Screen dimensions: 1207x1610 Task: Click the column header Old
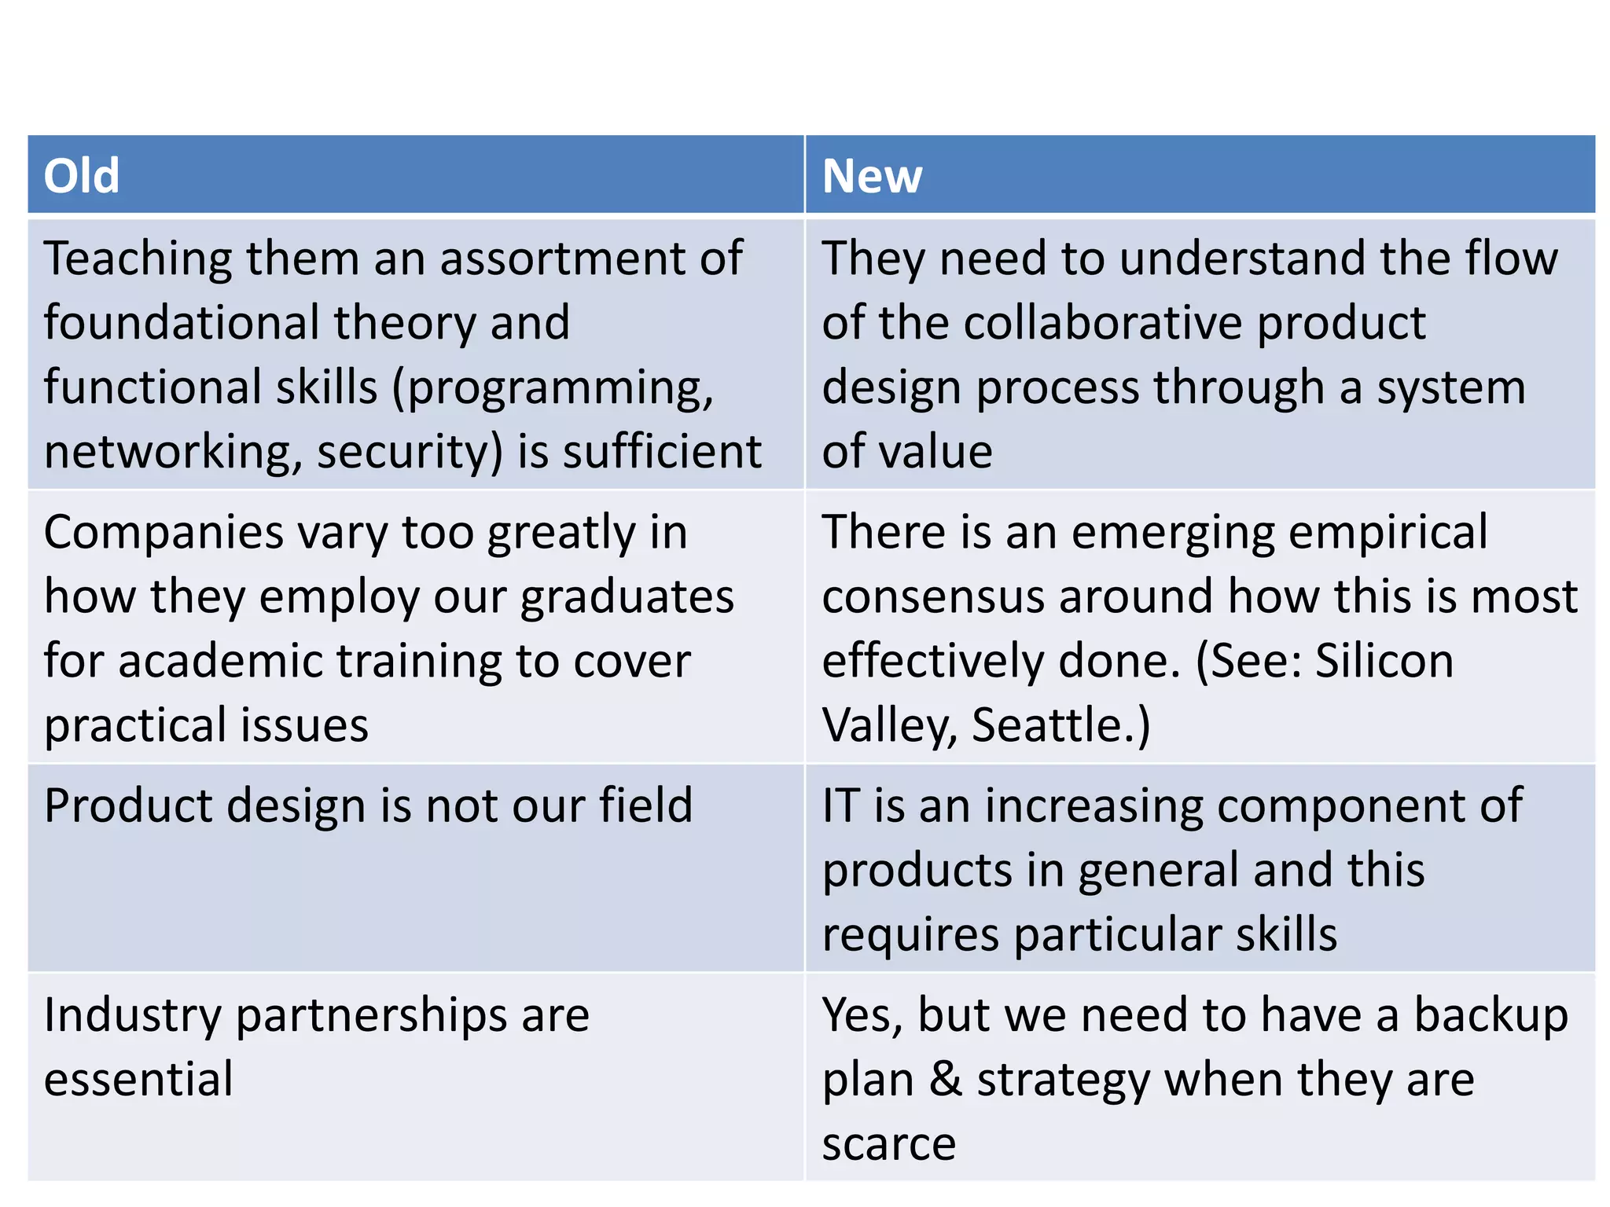(x=82, y=175)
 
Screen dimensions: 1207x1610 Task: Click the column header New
(x=872, y=175)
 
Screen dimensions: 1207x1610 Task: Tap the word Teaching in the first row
(x=138, y=259)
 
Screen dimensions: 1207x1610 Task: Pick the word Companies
(x=164, y=533)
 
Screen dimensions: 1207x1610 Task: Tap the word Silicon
(x=1384, y=661)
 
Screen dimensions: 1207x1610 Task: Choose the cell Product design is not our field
(x=368, y=806)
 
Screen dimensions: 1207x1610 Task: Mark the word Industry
(x=133, y=1015)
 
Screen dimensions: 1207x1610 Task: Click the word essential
(x=138, y=1079)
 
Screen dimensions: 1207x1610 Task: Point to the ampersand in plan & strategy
(x=946, y=1079)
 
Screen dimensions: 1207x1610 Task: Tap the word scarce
(x=888, y=1144)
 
